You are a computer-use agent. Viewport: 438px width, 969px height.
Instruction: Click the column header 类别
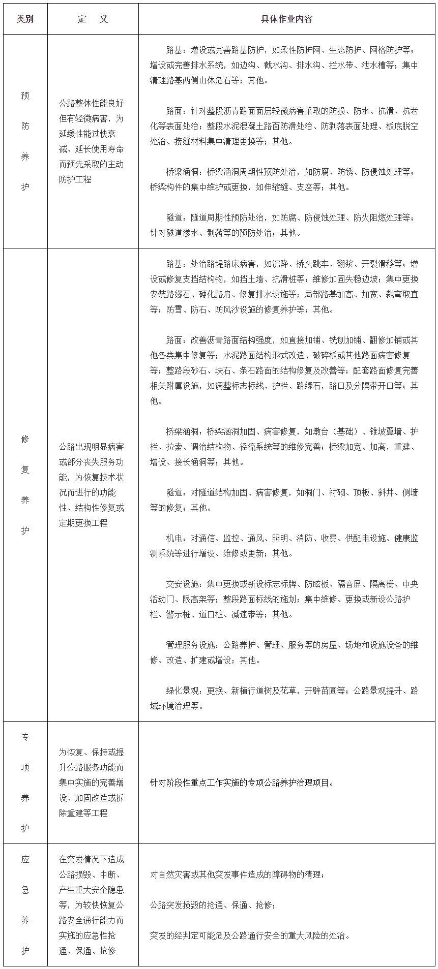(25, 19)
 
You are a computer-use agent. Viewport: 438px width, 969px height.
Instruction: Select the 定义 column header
(93, 19)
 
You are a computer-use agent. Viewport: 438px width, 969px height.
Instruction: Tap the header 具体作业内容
(286, 19)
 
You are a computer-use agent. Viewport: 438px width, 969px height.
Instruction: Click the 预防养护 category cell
(25, 141)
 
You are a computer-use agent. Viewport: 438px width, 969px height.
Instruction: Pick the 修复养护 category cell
(25, 484)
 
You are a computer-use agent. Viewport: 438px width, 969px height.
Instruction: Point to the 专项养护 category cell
(25, 782)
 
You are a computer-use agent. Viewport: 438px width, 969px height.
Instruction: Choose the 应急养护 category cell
(25, 904)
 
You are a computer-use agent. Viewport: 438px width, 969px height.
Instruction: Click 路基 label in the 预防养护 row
(174, 50)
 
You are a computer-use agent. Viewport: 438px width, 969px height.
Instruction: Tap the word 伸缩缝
(276, 187)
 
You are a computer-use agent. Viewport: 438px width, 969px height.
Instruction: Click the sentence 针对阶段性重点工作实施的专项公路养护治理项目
(242, 783)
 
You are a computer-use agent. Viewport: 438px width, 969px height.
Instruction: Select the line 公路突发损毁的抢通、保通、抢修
(213, 905)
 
